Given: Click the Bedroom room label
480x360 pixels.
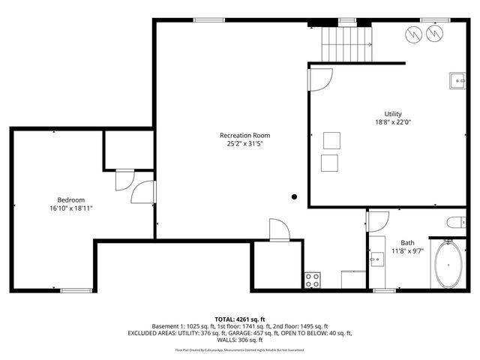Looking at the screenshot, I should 72,200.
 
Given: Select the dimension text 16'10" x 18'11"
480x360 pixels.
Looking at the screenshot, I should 72,208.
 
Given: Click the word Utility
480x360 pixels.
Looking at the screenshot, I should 393,114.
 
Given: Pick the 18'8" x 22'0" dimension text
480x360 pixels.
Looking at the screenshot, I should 393,122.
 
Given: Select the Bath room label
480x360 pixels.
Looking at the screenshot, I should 407,242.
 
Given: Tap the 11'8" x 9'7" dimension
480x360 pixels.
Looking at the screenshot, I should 407,250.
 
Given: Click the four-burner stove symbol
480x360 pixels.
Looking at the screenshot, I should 313,280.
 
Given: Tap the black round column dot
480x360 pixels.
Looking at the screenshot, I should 295,197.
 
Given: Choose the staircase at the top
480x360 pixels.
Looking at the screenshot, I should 347,42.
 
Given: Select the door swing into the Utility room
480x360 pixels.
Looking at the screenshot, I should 320,79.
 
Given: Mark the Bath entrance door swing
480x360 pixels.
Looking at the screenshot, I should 378,220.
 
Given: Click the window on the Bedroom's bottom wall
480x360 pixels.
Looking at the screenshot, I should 76,290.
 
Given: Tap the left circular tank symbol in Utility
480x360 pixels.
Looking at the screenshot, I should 413,33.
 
